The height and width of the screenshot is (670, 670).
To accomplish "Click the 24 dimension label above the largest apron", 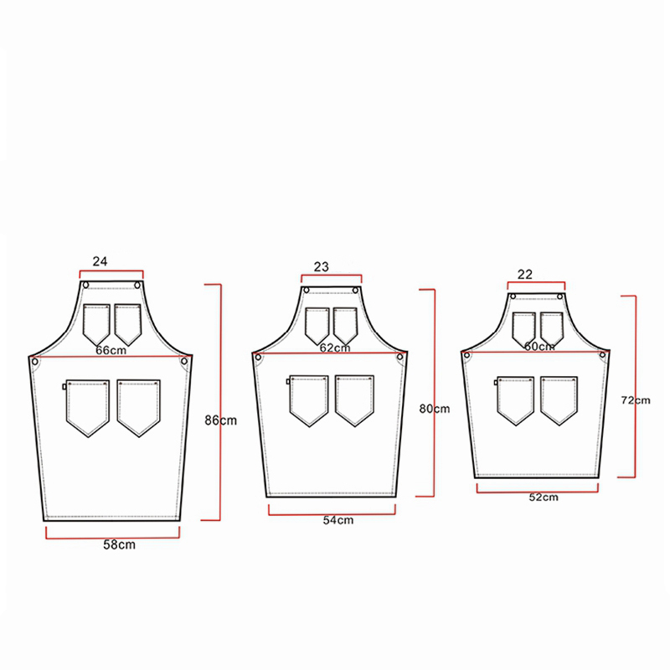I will tap(100, 261).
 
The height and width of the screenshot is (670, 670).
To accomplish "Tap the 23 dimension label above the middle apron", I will tap(321, 266).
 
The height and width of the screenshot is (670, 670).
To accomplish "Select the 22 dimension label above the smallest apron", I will tap(525, 275).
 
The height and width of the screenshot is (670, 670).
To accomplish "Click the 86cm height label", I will tap(219, 420).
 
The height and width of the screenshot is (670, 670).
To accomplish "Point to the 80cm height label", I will tap(434, 409).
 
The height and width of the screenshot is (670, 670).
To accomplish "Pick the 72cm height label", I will tap(634, 399).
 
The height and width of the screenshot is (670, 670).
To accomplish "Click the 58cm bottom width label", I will tap(119, 545).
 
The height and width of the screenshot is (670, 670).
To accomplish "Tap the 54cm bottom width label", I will tap(338, 520).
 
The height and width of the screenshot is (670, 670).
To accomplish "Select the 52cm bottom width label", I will tap(544, 497).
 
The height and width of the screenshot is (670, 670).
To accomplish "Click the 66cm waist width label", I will tap(111, 349).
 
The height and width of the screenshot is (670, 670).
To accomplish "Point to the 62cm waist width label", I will tap(334, 346).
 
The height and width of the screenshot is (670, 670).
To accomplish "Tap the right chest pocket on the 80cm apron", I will tap(345, 324).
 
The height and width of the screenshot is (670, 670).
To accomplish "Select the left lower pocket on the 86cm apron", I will tap(87, 406).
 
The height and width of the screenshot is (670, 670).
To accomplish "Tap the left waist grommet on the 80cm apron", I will tap(259, 358).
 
